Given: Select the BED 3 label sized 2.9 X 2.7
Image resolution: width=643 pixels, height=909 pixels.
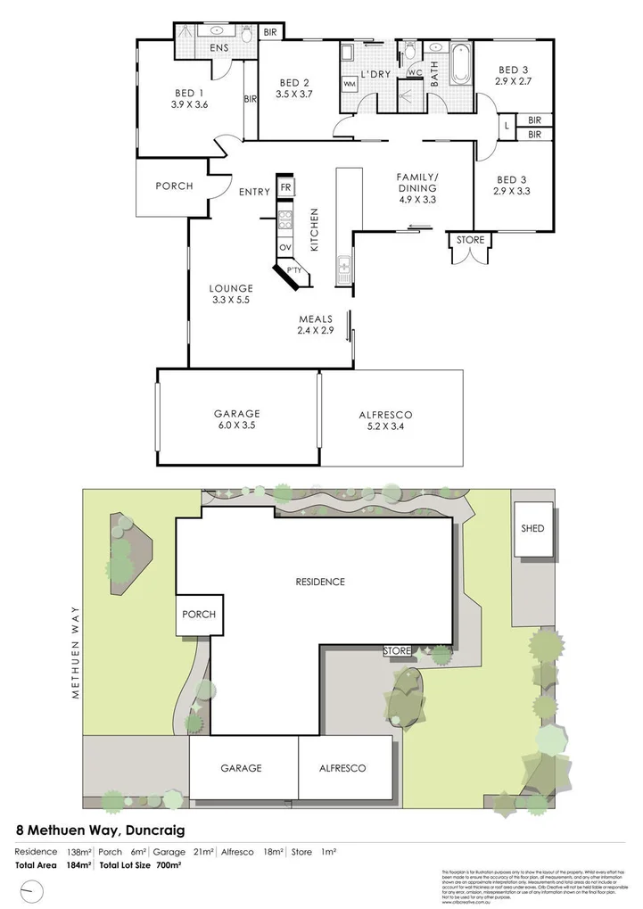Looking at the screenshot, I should (513, 70).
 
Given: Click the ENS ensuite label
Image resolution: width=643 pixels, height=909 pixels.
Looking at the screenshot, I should (218, 48).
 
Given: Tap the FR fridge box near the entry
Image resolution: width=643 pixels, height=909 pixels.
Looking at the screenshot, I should (285, 187).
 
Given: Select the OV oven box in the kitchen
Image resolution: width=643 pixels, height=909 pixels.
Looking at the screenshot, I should (285, 247).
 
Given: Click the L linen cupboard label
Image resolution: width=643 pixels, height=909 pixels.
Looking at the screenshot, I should (507, 126).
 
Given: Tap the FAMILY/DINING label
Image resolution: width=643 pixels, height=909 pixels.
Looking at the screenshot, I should (416, 182).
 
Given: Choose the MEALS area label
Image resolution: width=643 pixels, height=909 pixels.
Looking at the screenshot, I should (316, 318).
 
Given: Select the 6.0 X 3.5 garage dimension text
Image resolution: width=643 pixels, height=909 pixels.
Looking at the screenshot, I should (236, 426).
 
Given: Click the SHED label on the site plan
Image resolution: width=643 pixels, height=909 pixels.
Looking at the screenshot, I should (532, 528).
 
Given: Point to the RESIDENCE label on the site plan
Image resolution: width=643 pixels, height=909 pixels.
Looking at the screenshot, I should (319, 582).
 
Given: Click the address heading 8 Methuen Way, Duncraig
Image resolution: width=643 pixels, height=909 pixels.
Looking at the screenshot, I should (101, 830).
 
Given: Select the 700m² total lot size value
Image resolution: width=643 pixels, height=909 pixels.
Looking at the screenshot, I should (169, 865).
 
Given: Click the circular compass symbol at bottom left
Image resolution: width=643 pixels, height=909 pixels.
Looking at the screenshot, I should (33, 889).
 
